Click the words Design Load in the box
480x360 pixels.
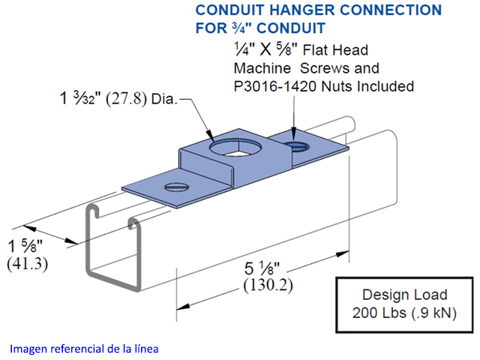[x=404, y=295]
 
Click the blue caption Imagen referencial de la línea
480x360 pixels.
[x=84, y=349]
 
